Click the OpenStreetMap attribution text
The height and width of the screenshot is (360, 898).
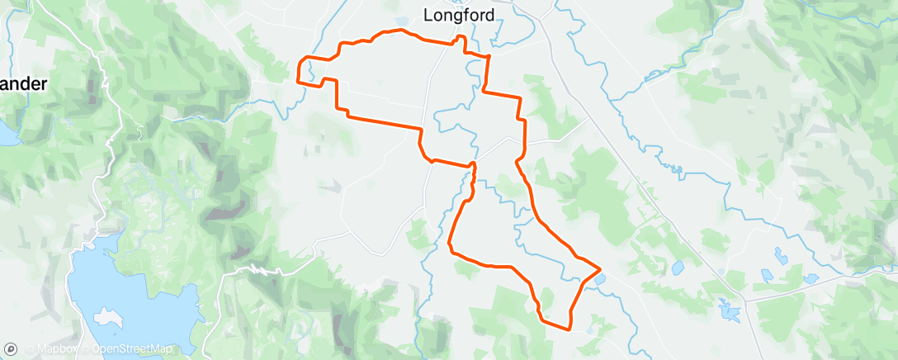(131, 349)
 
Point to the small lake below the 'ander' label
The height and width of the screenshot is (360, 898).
(8, 132)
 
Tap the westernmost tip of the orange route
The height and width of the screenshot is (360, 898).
(298, 80)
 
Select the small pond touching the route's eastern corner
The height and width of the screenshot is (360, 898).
(598, 279)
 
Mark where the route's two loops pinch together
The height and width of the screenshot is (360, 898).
(474, 166)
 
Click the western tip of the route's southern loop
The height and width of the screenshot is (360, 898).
(450, 244)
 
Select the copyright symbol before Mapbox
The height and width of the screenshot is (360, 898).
(30, 349)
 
